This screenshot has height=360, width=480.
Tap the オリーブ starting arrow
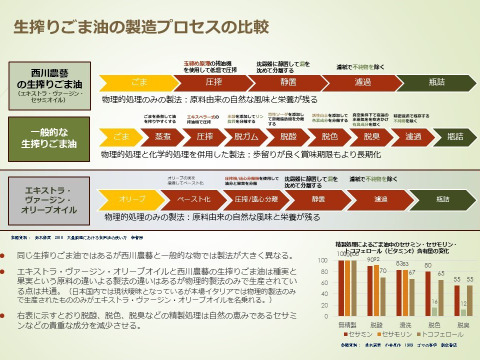125,199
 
